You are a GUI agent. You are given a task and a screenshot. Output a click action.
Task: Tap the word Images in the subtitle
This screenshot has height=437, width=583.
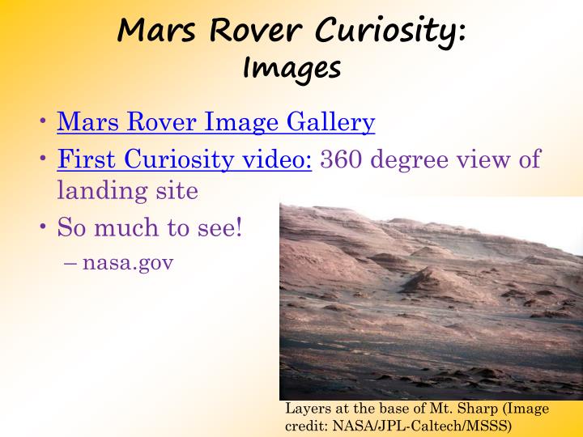click(291, 68)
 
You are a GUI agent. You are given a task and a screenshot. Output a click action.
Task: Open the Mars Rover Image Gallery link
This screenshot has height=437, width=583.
click(216, 121)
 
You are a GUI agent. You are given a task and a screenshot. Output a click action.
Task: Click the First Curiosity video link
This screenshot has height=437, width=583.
click(185, 159)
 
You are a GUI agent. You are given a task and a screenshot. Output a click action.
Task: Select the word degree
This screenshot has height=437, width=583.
click(411, 159)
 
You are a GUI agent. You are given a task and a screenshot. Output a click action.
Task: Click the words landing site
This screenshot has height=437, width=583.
click(128, 190)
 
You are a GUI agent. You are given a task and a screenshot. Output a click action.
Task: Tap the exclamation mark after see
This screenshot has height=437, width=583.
click(239, 227)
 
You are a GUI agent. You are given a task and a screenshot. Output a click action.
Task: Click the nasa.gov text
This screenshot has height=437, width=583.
click(128, 263)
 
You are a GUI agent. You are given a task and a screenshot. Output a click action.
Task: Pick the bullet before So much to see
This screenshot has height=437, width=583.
click(43, 226)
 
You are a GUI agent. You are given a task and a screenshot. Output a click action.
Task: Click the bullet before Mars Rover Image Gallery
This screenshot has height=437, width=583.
click(43, 121)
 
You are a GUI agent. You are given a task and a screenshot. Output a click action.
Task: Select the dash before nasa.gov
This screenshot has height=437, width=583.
click(70, 263)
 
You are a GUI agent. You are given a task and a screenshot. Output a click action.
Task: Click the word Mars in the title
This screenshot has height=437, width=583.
click(156, 30)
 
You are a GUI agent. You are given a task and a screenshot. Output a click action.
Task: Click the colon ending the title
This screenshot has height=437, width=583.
click(462, 33)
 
